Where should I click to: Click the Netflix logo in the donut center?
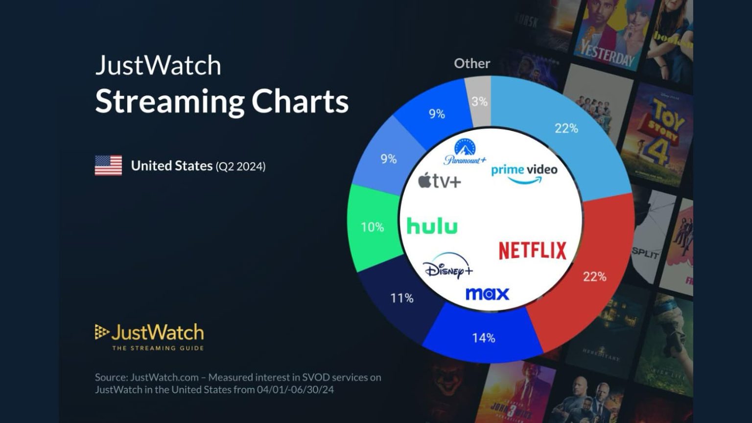532,250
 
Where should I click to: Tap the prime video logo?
524,173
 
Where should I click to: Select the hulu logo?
432,227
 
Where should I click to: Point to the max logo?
487,294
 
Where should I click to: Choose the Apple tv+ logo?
439,182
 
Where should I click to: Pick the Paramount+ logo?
465,152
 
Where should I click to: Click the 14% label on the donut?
483,338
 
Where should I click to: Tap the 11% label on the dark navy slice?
401,298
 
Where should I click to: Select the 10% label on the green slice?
372,227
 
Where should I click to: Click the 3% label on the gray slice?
479,102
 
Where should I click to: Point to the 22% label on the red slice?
594,277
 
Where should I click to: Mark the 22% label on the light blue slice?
566,128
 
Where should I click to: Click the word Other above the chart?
471,64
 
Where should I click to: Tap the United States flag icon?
108,165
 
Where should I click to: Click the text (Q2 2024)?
240,166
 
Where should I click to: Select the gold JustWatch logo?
149,336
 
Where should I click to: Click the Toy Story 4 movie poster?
658,135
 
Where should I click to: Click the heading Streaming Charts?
221,101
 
